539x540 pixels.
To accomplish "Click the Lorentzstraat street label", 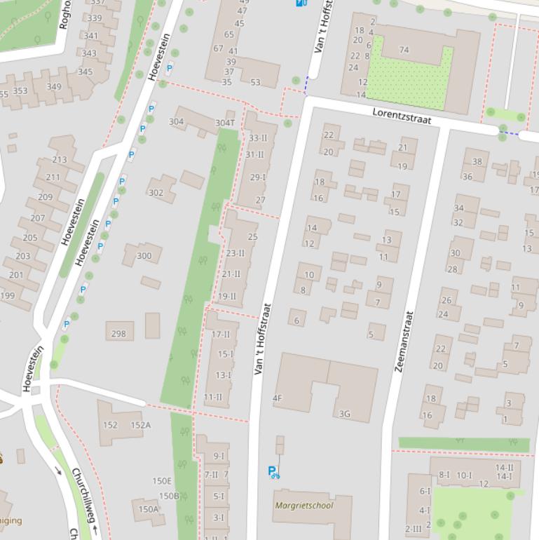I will point(402,116).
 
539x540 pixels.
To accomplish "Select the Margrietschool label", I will point(303,505).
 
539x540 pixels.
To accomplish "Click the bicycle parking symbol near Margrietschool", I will point(273,473).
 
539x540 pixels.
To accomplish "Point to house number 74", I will point(404,50).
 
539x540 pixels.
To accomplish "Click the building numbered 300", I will point(144,256).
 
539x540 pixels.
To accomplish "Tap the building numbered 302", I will point(156,193).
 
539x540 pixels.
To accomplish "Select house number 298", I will point(118,334).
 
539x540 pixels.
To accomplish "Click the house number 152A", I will point(140,425).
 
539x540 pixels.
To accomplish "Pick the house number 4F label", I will point(277,398).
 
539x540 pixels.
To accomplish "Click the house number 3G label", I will point(344,414).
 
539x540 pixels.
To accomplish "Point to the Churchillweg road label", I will point(83,497).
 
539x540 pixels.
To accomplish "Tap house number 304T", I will point(225,123).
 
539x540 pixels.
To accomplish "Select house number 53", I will point(255,82).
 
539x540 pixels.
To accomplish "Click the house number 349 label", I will point(53,87).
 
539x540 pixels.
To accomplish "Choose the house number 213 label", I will point(59,160).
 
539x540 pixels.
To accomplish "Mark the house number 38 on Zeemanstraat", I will point(477,161).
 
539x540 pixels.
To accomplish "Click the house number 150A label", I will point(148,510).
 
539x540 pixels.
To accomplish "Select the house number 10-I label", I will point(464,475).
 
